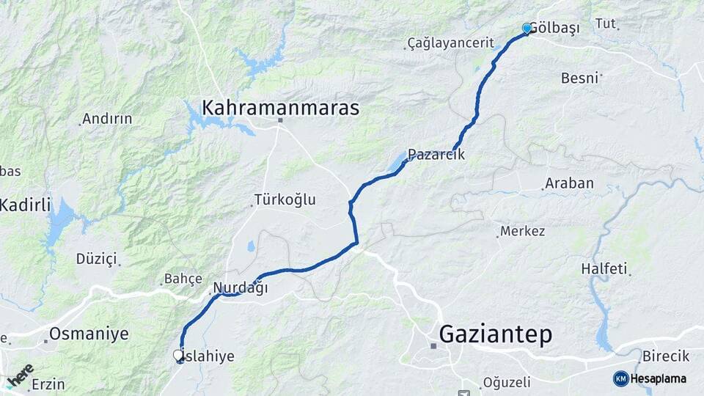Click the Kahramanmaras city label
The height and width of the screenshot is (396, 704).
click(281, 109)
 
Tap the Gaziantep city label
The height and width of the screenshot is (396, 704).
click(495, 335)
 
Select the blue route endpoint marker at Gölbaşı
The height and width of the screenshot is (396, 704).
click(527, 29)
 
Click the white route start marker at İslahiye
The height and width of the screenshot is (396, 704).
click(178, 355)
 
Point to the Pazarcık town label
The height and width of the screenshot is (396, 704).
click(436, 155)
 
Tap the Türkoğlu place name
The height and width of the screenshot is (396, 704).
click(285, 199)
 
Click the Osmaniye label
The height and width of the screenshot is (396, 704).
click(89, 334)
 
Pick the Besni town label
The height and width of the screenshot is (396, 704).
click(580, 78)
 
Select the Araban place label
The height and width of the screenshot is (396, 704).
click(569, 183)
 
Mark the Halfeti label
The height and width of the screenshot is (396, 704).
click(604, 269)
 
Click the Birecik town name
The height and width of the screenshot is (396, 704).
click(666, 356)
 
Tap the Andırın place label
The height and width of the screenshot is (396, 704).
click(107, 118)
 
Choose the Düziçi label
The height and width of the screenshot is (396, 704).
click(96, 258)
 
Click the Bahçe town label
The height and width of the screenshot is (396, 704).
click(183, 279)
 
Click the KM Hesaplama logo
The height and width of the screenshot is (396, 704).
click(650, 378)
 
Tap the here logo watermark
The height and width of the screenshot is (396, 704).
click(19, 375)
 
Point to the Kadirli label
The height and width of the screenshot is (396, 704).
click(26, 205)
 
